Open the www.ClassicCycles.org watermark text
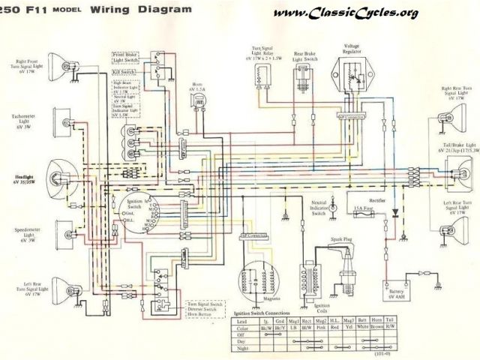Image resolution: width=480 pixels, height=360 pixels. click(x=358, y=14)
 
